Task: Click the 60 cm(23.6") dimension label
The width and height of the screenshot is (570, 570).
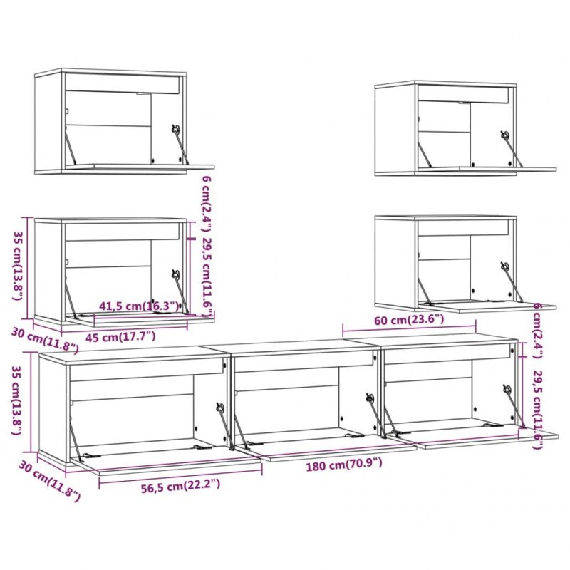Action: pyautogui.click(x=409, y=319)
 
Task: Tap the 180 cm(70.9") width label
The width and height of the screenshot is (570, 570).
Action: pyautogui.click(x=344, y=465)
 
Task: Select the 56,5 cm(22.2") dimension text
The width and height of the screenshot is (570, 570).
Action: pyautogui.click(x=180, y=485)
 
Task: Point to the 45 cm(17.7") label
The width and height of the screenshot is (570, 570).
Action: pyautogui.click(x=120, y=336)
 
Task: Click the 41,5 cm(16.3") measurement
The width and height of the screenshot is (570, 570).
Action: pyautogui.click(x=139, y=306)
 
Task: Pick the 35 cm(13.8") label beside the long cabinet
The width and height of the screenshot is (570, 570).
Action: pyautogui.click(x=17, y=400)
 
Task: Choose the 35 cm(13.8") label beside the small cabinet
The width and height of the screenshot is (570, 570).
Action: pyautogui.click(x=19, y=266)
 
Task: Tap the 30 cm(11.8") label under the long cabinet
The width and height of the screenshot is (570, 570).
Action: pyautogui.click(x=49, y=480)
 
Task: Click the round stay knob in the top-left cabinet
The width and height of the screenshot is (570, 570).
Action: pyautogui.click(x=176, y=128)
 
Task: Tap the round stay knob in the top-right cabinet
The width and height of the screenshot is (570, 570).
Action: pyautogui.click(x=504, y=135)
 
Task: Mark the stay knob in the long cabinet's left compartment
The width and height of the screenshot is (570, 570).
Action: pyautogui.click(x=220, y=407)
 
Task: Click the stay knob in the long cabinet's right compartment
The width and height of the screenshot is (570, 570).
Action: pyautogui.click(x=507, y=389)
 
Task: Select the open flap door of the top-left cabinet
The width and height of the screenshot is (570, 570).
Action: pyautogui.click(x=140, y=167)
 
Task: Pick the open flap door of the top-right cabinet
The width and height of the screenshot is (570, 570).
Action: pyautogui.click(x=487, y=170)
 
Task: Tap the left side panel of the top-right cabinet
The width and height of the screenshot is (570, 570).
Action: pyautogui.click(x=395, y=130)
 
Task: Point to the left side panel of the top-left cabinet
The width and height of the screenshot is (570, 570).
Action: pyautogui.click(x=48, y=123)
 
